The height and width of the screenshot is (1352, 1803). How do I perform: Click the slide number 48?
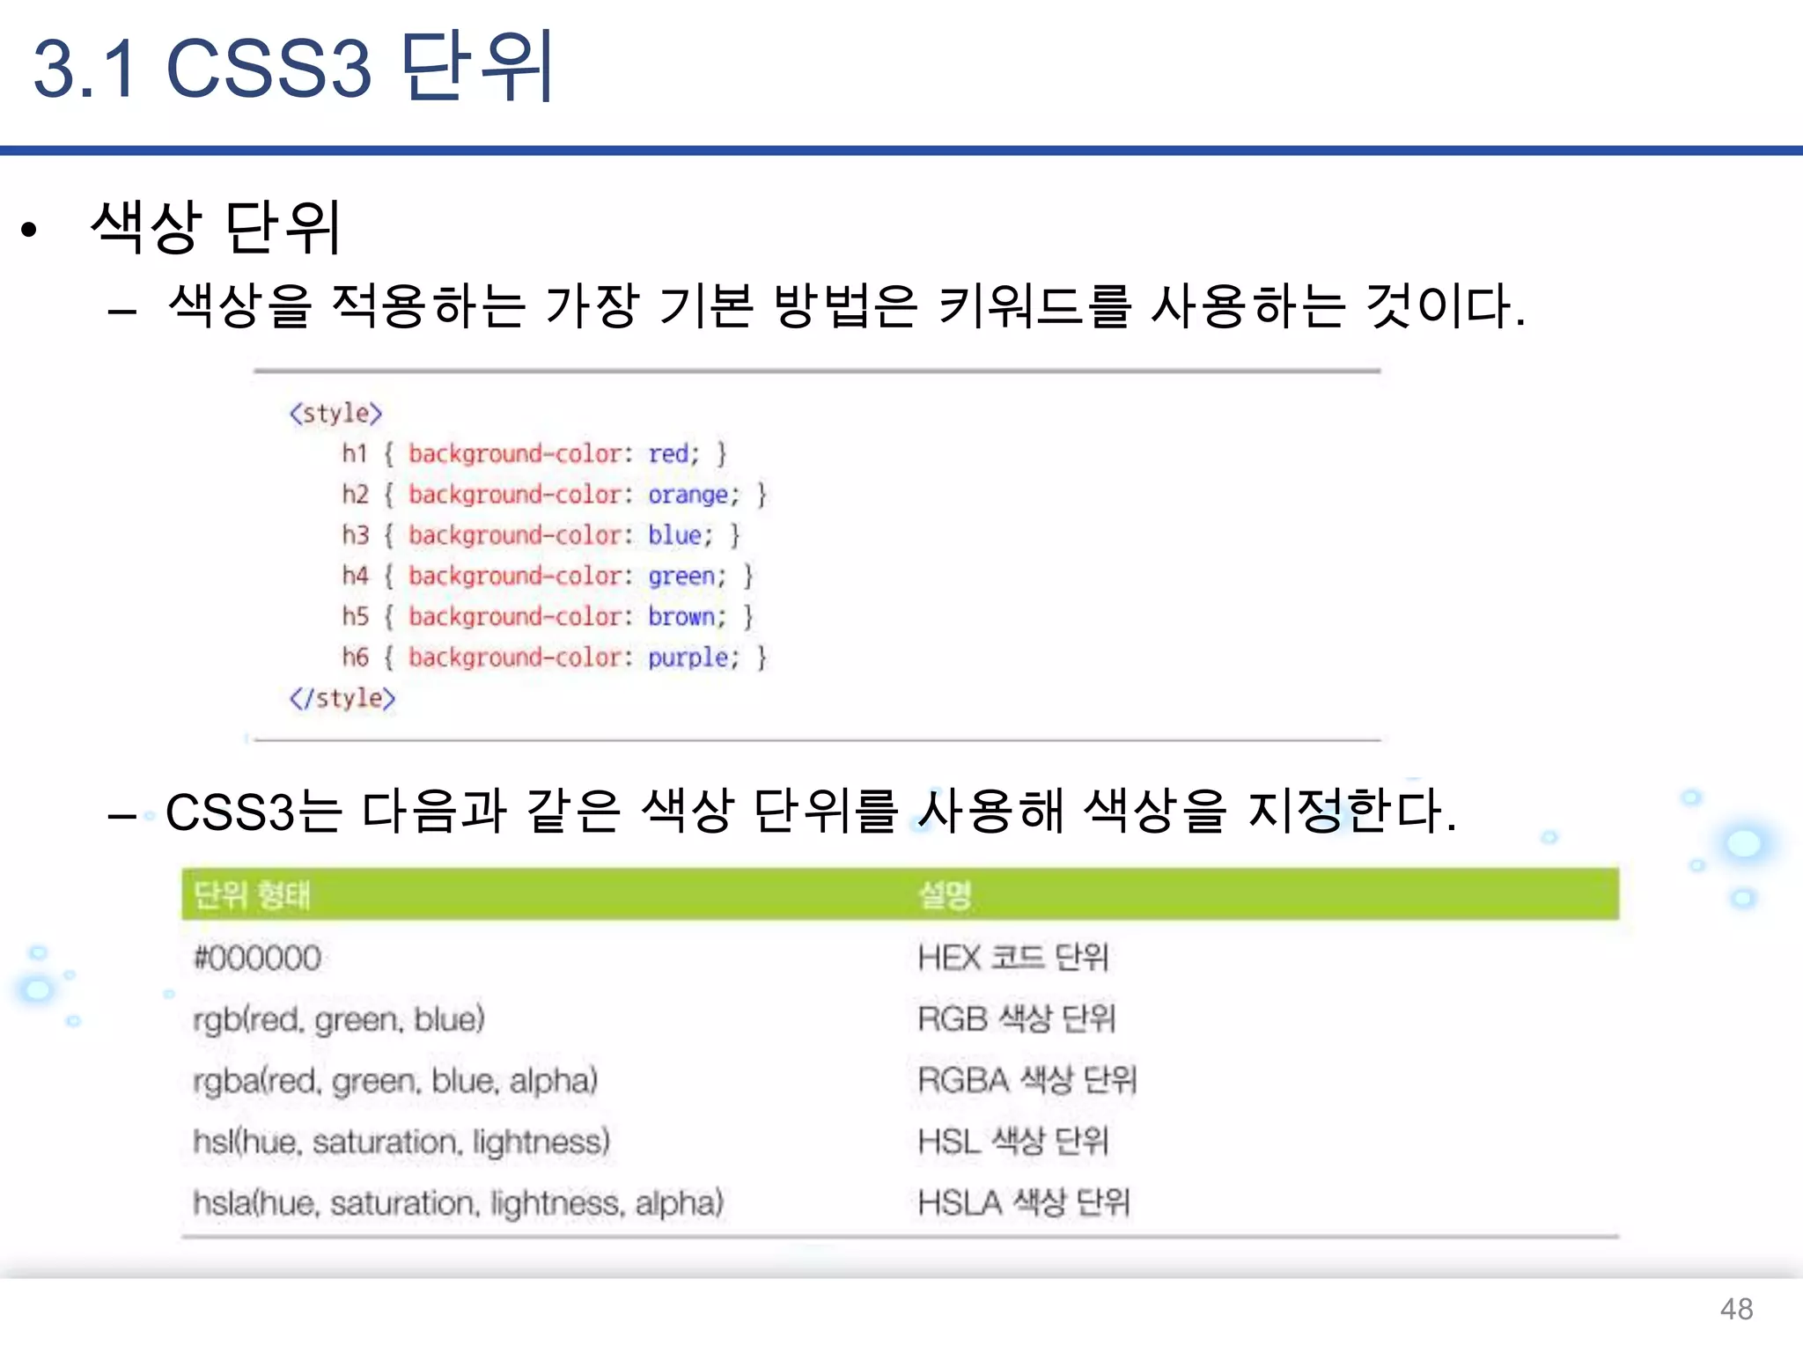click(x=1736, y=1309)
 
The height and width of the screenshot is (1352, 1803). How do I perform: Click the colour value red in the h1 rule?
click(x=668, y=454)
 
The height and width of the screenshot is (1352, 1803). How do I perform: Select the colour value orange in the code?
click(x=688, y=496)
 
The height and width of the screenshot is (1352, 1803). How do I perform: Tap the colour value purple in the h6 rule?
click(x=688, y=658)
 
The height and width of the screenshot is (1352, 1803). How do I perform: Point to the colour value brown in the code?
click(x=681, y=617)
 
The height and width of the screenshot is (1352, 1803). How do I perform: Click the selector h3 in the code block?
click(x=356, y=535)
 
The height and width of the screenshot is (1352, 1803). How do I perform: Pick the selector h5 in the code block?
click(x=356, y=616)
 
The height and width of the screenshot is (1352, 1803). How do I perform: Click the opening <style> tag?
click(x=336, y=414)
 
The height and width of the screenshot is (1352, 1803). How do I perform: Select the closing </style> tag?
click(x=342, y=699)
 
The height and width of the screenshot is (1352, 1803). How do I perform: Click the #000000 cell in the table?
click(x=257, y=958)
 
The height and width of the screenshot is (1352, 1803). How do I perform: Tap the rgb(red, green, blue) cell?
click(x=339, y=1019)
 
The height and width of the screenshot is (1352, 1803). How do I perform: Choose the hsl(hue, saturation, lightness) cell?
click(x=401, y=1142)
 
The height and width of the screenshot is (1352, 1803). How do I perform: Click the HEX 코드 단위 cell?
click(x=1012, y=958)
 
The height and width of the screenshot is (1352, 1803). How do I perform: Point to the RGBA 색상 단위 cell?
click(x=1027, y=1080)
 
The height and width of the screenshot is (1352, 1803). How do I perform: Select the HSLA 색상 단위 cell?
click(x=1023, y=1202)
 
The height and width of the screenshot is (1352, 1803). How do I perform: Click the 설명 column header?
click(x=945, y=895)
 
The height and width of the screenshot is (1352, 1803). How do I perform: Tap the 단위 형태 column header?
click(x=252, y=895)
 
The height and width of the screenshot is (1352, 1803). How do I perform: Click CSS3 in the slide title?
click(x=269, y=69)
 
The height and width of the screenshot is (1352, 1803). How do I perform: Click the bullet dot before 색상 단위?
click(x=30, y=231)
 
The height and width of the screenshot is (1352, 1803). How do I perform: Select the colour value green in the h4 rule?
click(x=681, y=577)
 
